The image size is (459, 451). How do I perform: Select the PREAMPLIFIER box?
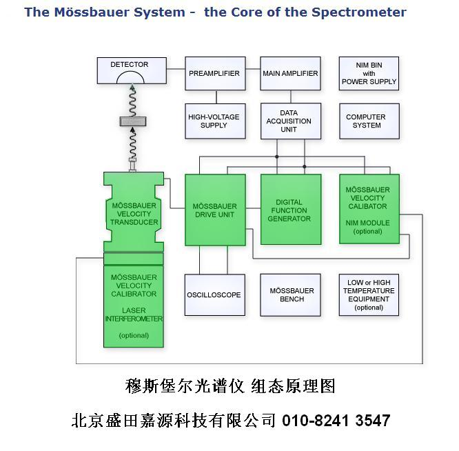pyautogui.click(x=214, y=73)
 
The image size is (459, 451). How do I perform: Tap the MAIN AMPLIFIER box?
pyautogui.click(x=290, y=73)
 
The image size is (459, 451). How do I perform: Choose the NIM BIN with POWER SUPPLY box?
pyautogui.click(x=369, y=73)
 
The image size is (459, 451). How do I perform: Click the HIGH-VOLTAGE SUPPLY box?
pyautogui.click(x=214, y=121)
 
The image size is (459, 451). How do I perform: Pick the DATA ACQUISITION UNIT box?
pyautogui.click(x=290, y=121)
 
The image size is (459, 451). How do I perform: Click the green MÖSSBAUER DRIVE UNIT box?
pyautogui.click(x=214, y=210)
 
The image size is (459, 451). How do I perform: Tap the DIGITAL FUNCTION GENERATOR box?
pyautogui.click(x=290, y=210)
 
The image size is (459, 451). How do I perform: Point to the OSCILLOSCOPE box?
pyautogui.click(x=214, y=295)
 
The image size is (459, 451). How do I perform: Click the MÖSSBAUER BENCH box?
pyautogui.click(x=290, y=295)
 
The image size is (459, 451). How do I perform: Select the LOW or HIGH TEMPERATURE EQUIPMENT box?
pyautogui.click(x=369, y=295)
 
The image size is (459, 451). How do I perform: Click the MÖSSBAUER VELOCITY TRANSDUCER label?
pyautogui.click(x=134, y=214)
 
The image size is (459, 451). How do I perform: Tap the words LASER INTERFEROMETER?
pyautogui.click(x=134, y=314)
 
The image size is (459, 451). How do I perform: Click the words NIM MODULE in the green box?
pyautogui.click(x=367, y=223)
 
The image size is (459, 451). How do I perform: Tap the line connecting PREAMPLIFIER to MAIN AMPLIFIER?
pyautogui.click(x=253, y=73)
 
